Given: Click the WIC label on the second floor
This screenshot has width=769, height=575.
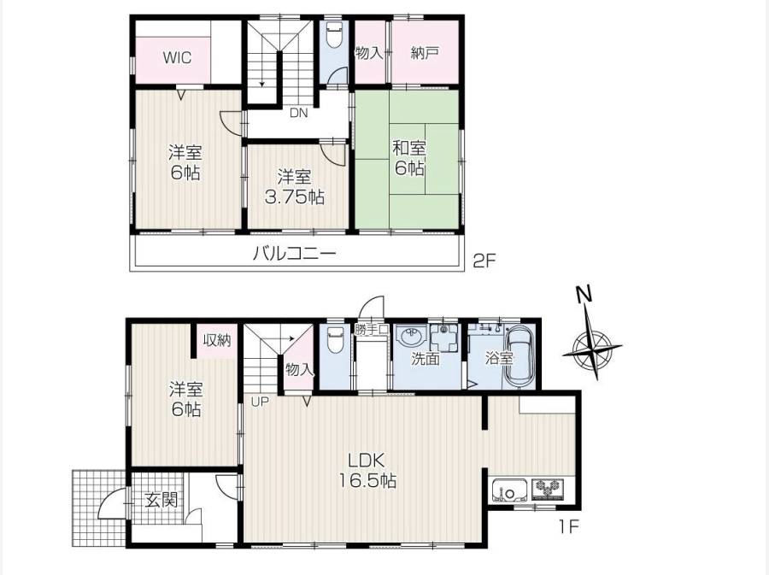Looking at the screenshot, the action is [177, 58].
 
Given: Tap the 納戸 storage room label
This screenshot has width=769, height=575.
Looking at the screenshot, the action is [425, 53].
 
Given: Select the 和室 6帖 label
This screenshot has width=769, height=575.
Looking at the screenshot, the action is [409, 158].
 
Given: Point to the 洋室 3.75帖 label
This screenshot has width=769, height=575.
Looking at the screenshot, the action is [294, 187].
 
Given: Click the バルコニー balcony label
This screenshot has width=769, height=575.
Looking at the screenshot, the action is [295, 254].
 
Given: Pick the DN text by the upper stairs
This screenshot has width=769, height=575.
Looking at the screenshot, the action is [298, 114].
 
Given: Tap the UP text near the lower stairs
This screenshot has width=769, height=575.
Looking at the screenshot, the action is [261, 402].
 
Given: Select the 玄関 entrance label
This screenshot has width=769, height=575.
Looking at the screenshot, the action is [161, 501].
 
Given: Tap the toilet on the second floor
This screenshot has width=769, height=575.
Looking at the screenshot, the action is [334, 34].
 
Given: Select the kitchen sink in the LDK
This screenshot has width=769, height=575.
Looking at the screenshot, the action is [509, 491].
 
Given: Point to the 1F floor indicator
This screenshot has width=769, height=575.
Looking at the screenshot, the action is [569, 527].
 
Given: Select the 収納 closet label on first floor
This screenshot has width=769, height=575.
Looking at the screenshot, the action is [217, 340].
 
